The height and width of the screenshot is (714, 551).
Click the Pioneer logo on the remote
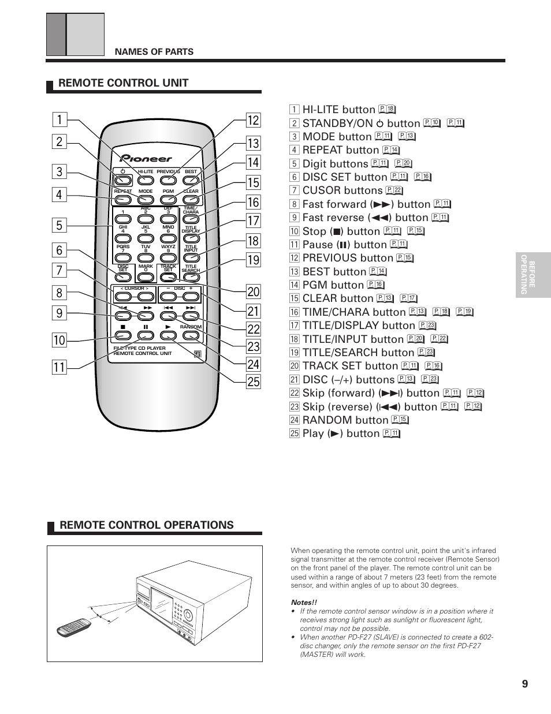coord(146,158)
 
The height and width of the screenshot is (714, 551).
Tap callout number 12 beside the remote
coord(253,120)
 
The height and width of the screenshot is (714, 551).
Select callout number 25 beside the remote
coord(253,382)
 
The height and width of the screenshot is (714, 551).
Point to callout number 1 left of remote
coord(59,120)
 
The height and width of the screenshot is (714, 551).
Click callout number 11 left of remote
coord(59,367)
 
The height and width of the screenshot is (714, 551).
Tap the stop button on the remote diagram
coord(122,336)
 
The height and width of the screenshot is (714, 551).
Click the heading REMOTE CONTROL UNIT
coord(124,83)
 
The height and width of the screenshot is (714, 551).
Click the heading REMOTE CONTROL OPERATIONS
coord(147,525)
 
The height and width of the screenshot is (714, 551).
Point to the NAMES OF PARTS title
coord(154,52)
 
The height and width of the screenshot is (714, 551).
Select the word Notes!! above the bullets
coord(304,603)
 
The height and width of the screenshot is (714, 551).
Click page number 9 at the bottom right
coord(524,684)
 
